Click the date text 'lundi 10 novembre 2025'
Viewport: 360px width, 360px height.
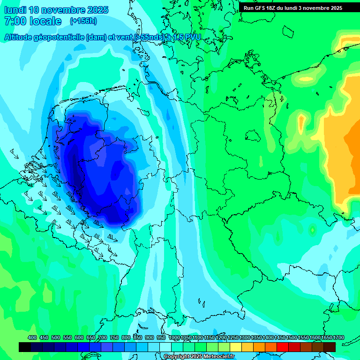[56, 10]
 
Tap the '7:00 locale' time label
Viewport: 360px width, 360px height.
[33, 21]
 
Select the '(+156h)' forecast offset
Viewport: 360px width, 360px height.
[84, 21]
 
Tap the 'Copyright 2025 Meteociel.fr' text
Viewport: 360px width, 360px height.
[199, 356]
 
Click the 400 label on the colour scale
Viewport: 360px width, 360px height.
[32, 338]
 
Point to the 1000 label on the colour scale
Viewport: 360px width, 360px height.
[174, 338]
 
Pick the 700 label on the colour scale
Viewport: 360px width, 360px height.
[103, 338]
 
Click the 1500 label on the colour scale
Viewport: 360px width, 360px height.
[292, 338]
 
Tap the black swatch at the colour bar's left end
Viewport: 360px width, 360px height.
[25, 347]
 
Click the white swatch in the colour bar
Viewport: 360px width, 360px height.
[165, 347]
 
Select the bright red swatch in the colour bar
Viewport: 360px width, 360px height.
[283, 347]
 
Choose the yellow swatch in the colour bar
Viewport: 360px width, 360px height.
[236, 347]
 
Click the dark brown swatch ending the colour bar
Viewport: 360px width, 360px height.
[330, 347]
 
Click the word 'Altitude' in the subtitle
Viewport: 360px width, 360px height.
[18, 37]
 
